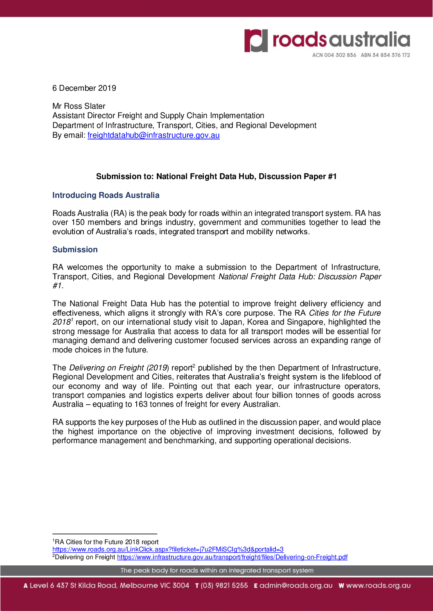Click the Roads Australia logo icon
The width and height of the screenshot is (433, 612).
(256, 40)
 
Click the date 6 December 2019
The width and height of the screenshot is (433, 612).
(84, 88)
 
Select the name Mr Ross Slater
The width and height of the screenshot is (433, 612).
(79, 106)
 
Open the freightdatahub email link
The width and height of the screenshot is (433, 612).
(153, 135)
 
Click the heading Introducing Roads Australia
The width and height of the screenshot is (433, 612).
(106, 195)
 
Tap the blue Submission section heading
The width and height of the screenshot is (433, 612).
(75, 250)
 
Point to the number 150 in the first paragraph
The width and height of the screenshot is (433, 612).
(78, 222)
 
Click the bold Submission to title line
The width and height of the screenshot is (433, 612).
(216, 177)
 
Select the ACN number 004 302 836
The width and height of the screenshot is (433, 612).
(340, 55)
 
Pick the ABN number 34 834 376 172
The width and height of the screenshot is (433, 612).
(391, 55)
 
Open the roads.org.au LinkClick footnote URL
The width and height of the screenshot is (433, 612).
(168, 549)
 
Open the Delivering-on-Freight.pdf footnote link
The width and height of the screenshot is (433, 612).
(232, 557)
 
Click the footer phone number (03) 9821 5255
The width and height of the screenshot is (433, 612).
(224, 585)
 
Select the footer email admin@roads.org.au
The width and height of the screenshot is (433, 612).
(296, 585)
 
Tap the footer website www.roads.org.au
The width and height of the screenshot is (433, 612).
(378, 585)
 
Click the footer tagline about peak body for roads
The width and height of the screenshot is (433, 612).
(217, 570)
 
